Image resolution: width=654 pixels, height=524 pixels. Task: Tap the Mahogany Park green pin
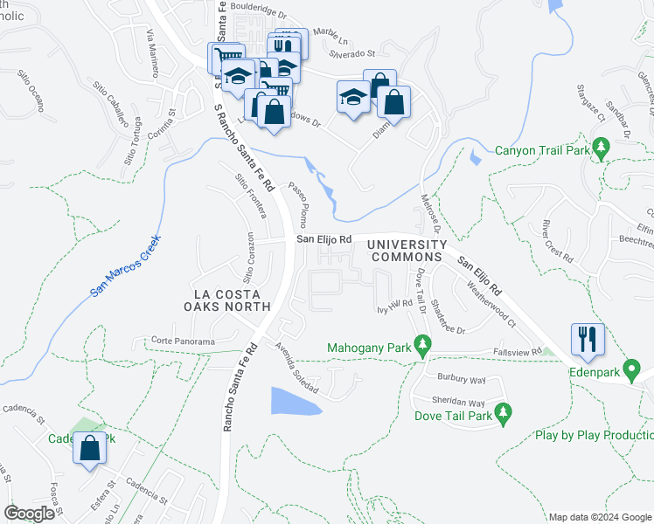point(423,346)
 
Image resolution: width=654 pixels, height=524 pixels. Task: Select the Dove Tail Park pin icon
point(503,413)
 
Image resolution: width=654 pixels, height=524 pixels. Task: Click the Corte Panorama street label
point(182,341)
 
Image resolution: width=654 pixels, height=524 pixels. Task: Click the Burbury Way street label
point(460,381)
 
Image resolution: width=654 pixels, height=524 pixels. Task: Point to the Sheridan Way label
point(463,403)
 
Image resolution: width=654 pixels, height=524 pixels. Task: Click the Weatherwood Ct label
point(491,301)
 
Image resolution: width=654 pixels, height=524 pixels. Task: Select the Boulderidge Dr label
point(258,14)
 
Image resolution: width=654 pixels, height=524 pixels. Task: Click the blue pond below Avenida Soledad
point(293,401)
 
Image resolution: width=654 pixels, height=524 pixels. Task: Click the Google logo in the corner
point(29,514)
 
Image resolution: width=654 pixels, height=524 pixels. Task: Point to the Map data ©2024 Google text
point(600,517)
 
